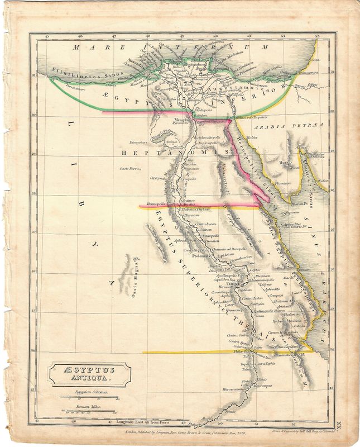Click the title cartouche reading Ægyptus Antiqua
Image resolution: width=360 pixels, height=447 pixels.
point(89,373)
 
